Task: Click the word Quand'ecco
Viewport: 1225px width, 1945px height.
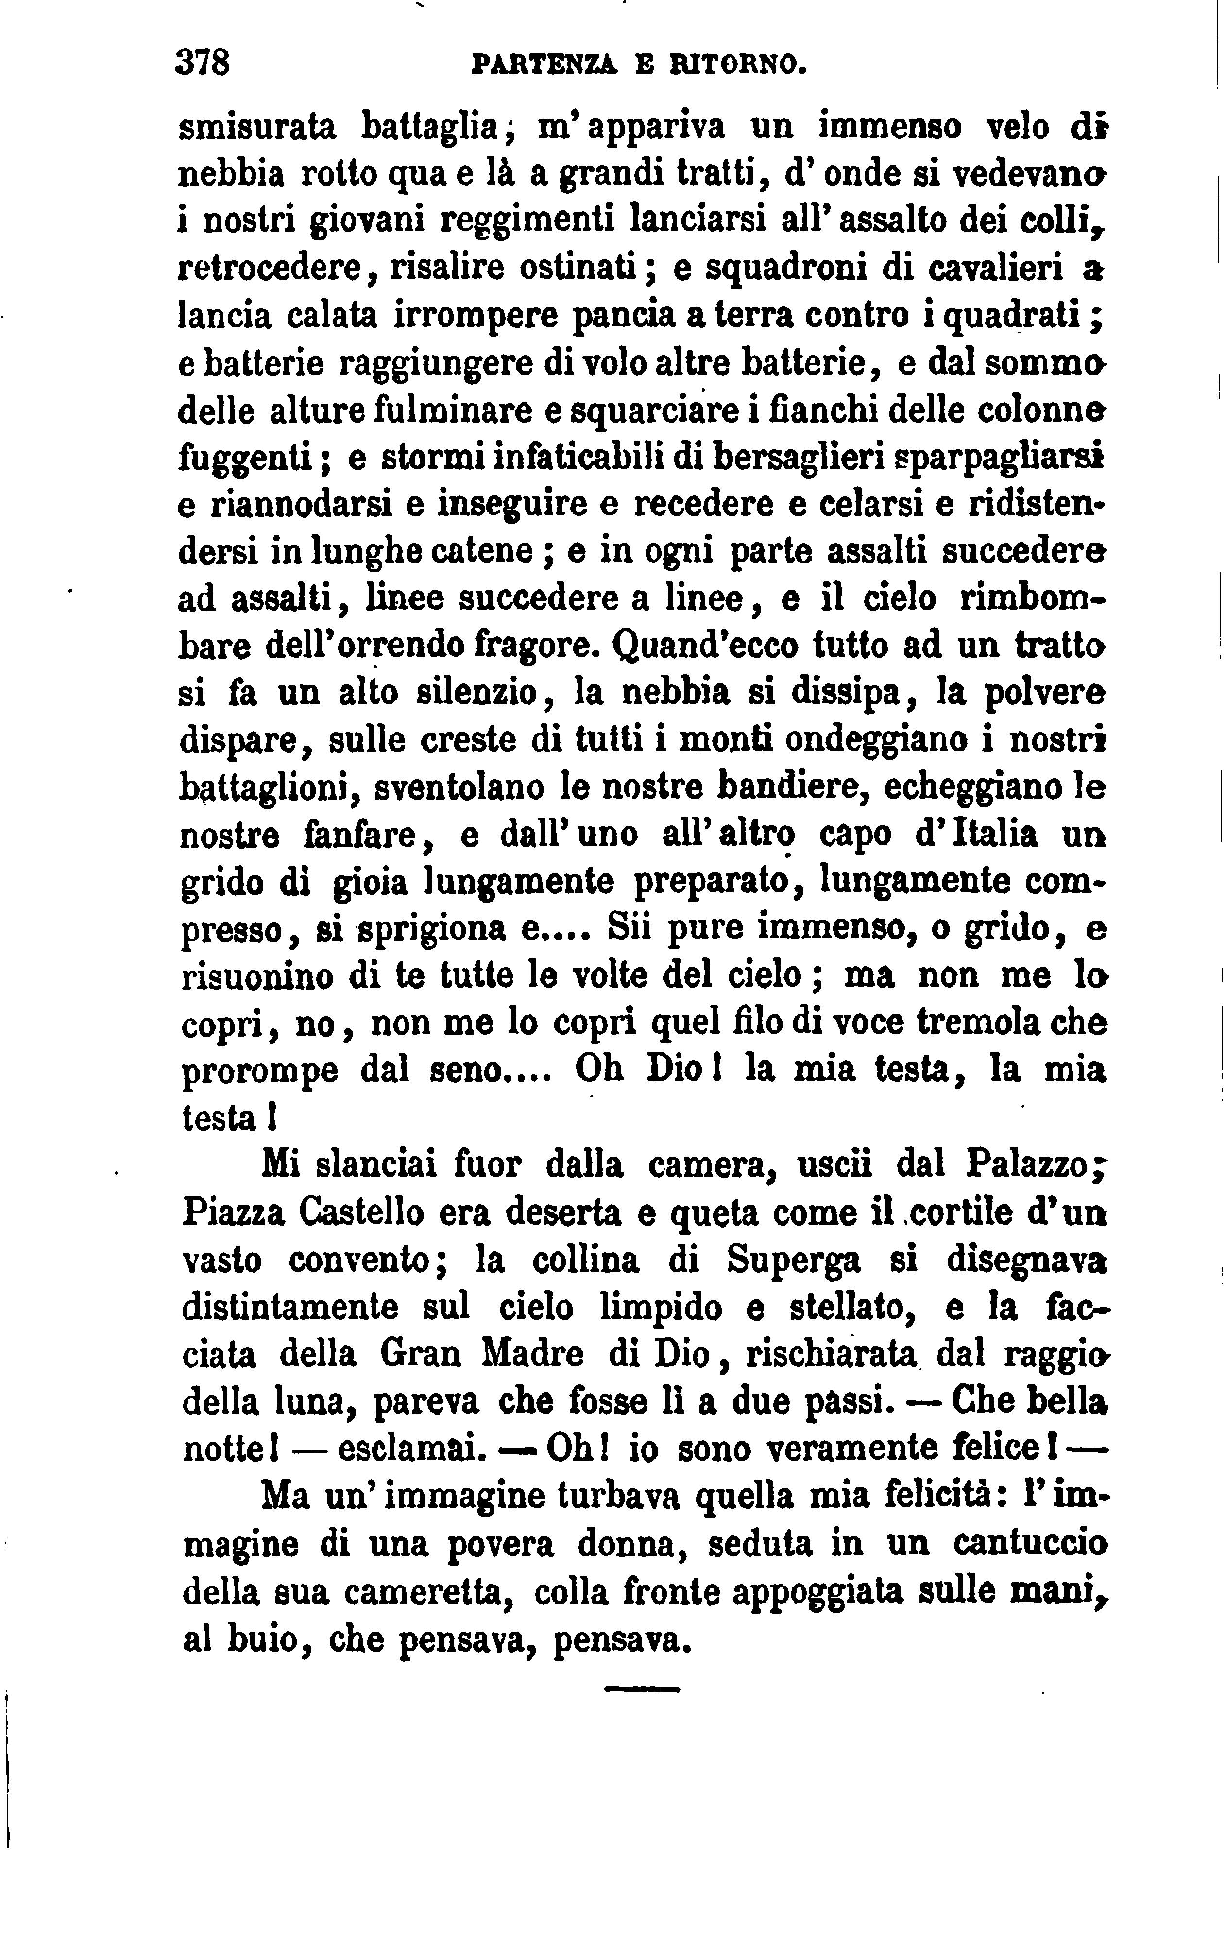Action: click(x=705, y=646)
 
